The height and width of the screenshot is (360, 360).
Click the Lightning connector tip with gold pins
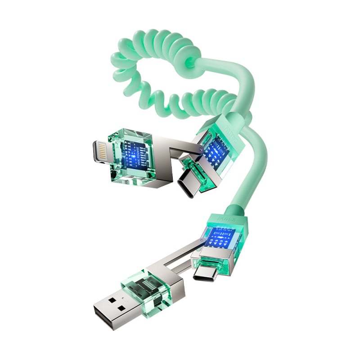100,152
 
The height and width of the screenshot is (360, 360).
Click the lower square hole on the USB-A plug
119,310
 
